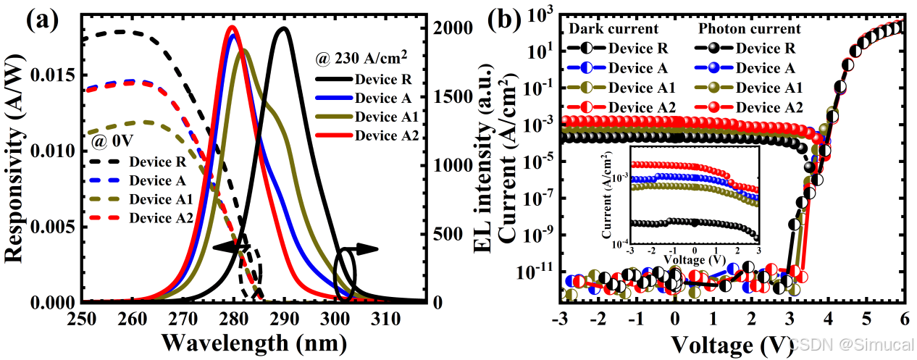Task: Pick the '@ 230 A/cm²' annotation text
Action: point(360,56)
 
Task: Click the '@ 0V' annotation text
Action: point(113,136)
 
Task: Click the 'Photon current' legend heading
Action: point(749,29)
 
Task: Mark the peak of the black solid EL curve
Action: point(283,29)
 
